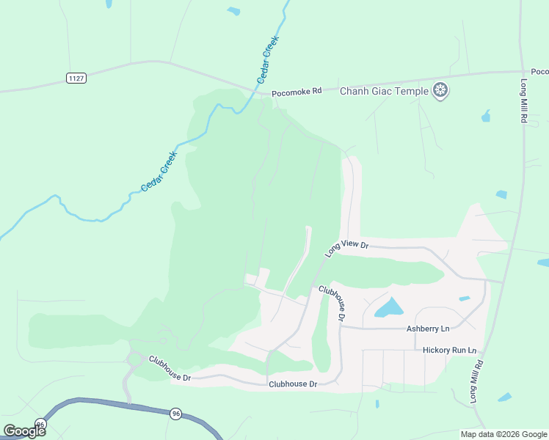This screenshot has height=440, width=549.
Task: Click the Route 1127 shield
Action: [x=75, y=78]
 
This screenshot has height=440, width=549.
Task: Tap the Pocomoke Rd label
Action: [x=297, y=92]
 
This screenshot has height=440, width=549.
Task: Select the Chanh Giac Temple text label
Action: [x=384, y=91]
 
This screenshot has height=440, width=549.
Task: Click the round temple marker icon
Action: [x=440, y=91]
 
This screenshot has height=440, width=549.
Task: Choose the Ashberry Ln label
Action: [x=427, y=329]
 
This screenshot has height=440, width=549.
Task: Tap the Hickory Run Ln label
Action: [x=449, y=351]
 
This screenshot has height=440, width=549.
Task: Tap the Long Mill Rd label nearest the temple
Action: [x=525, y=100]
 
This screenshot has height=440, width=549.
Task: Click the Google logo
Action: [x=23, y=430]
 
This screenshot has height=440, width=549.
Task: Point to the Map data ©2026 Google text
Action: [x=503, y=434]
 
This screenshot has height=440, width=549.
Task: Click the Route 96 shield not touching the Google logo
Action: [x=175, y=414]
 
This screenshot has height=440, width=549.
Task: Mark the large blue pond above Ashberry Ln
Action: [x=389, y=308]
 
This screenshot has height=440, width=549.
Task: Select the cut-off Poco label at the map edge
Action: [x=539, y=72]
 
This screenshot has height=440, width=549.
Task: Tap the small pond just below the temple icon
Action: [x=485, y=116]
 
